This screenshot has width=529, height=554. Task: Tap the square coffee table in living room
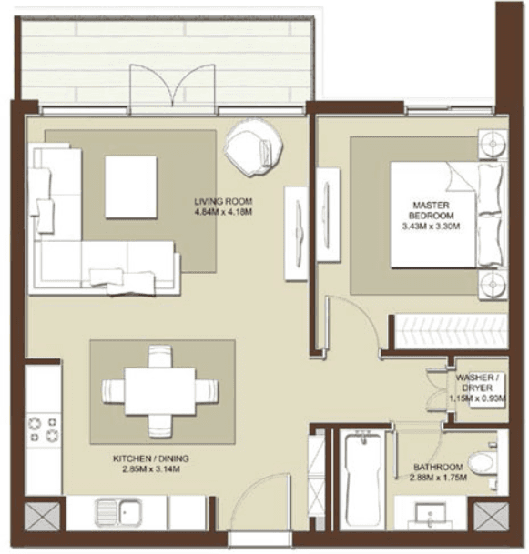131,186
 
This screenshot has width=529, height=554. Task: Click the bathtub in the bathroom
363,479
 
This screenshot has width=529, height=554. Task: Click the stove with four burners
42,429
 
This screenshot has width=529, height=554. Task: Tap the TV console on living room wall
296,232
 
